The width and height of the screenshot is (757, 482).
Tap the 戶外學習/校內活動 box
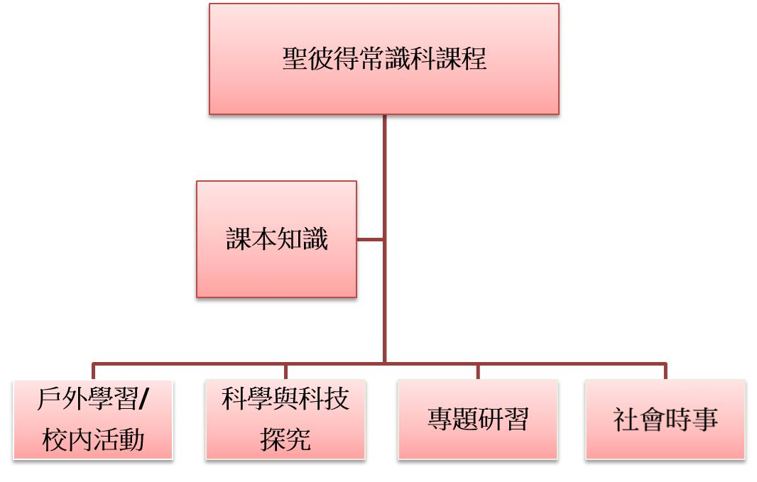click(93, 420)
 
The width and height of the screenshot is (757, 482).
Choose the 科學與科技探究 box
click(285, 420)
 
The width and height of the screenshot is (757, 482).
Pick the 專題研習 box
click(477, 420)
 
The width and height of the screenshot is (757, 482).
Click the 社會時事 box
click(665, 420)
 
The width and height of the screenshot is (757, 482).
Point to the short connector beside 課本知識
click(370, 240)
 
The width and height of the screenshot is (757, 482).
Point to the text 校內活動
click(93, 440)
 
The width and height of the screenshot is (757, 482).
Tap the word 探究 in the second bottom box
click(285, 440)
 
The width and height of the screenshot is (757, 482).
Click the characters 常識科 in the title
click(398, 58)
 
